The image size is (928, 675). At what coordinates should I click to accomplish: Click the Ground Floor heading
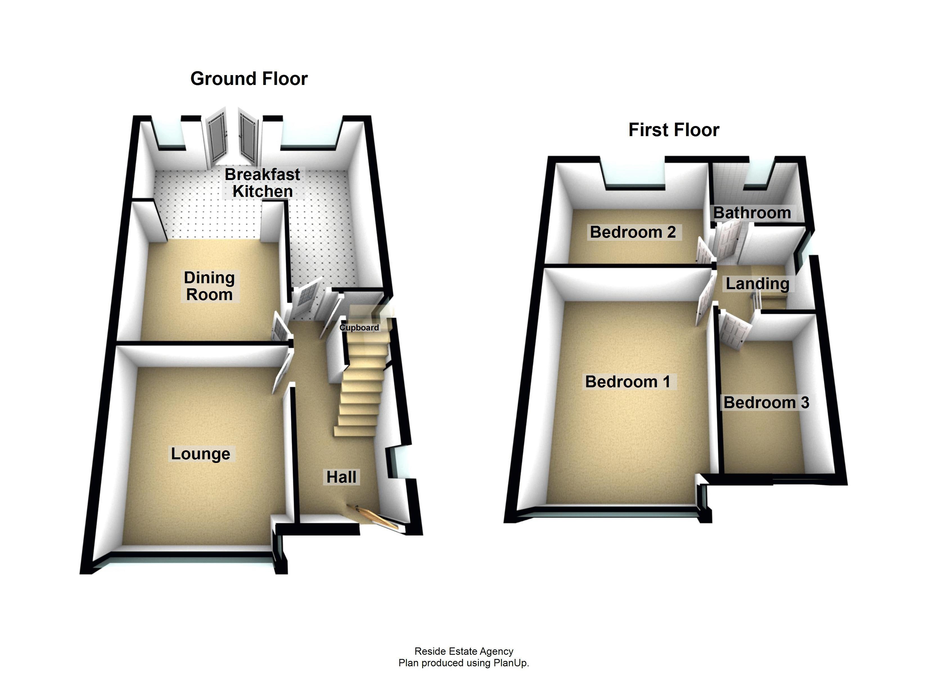249,78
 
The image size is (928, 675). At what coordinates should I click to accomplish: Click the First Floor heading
674,130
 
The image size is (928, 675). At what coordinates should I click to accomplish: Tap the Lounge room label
201,454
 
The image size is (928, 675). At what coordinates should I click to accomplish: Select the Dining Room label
209,286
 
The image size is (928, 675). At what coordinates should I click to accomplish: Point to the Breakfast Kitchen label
262,183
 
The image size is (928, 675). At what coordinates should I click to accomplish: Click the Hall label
341,477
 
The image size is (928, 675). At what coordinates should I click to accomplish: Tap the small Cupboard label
359,327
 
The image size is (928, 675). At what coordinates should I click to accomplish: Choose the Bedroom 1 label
628,381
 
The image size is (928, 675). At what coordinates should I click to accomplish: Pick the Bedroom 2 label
632,232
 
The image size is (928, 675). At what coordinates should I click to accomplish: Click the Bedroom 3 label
766,402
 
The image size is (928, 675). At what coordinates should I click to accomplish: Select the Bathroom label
752,213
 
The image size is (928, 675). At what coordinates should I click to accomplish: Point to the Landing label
757,283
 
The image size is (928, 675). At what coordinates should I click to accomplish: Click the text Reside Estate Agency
464,651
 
